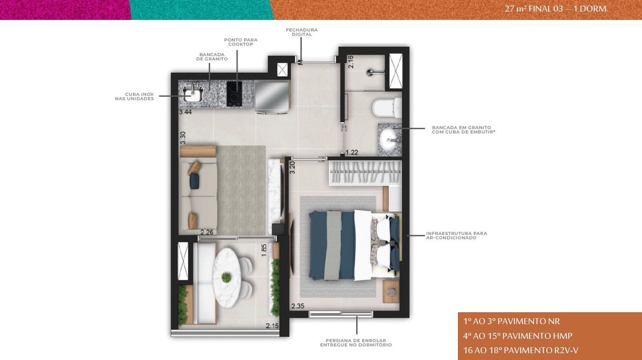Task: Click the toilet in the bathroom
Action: (387, 108)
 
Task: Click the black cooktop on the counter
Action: (234, 94)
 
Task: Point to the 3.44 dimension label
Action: (185, 112)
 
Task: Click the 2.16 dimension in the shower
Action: (351, 62)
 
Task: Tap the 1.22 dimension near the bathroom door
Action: (351, 153)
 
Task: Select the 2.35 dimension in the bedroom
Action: (298, 306)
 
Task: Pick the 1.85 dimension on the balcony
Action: (264, 250)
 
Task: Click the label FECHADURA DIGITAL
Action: (302, 32)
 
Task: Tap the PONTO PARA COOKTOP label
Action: (241, 42)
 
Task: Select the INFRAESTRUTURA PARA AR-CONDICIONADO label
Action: (457, 235)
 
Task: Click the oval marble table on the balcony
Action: (227, 278)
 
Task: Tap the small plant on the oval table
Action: (226, 277)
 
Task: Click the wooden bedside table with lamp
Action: (391, 291)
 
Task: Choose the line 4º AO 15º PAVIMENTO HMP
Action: (518, 336)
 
